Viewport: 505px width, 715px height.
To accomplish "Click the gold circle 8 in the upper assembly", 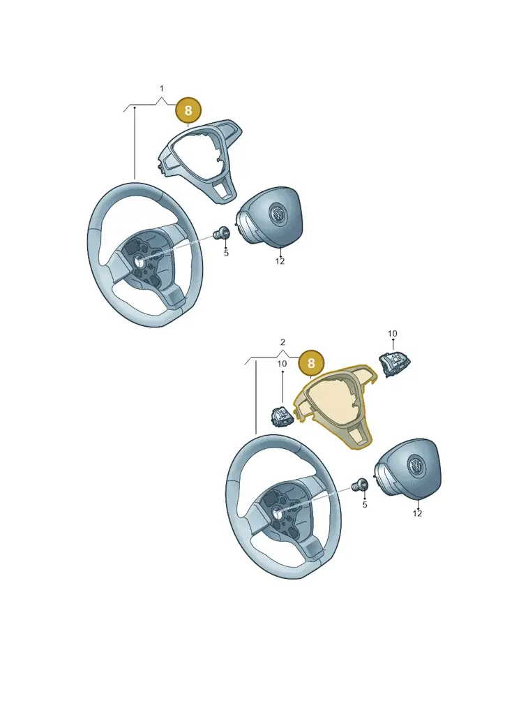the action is (x=188, y=110).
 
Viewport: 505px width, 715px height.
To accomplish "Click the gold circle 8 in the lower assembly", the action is (x=311, y=363).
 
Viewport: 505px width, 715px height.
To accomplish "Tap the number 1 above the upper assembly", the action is (x=161, y=89).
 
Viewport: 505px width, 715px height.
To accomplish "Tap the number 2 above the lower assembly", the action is (x=282, y=342).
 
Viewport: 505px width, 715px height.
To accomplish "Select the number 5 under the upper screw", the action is (x=226, y=253).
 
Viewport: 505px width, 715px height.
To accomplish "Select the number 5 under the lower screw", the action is (x=365, y=505).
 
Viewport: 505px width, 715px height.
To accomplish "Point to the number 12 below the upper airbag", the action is (x=280, y=261).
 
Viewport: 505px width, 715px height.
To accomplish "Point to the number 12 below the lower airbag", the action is (x=417, y=513).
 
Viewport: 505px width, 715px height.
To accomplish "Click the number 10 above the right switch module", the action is (x=392, y=334).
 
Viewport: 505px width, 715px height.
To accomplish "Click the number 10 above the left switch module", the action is (x=282, y=364).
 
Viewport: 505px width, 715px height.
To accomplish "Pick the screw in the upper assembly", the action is (x=222, y=233).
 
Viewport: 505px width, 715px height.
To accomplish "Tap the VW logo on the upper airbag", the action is (x=277, y=214).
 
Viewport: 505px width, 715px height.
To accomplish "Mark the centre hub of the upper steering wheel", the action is (x=137, y=261).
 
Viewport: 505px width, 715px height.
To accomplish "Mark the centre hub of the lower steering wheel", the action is (x=276, y=513).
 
